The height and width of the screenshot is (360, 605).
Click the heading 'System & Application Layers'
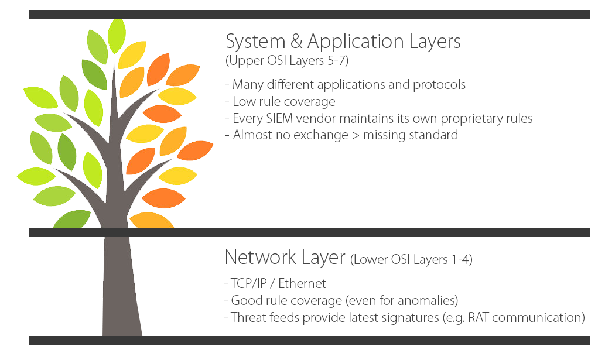(x=343, y=42)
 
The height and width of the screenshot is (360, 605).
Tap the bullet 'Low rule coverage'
(x=281, y=102)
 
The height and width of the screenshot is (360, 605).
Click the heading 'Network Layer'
(x=285, y=257)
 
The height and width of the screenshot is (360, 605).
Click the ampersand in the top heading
(x=295, y=42)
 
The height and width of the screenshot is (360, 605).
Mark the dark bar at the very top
(x=309, y=15)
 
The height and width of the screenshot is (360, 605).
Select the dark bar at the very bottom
(x=309, y=341)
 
